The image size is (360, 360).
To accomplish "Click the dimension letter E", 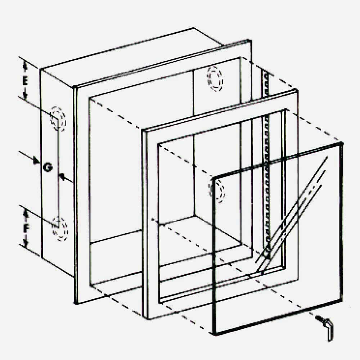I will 24,81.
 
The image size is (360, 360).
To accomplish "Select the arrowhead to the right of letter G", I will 62,176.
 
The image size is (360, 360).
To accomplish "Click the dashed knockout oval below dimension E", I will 58,118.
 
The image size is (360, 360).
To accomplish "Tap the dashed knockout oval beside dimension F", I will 60,228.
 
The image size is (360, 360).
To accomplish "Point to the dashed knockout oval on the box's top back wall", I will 215,79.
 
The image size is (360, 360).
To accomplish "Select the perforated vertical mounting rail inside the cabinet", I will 267,162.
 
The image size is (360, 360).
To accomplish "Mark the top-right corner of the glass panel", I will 341,144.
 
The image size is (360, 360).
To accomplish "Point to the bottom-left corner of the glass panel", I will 215,333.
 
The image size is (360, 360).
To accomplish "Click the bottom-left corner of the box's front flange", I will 77,302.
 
